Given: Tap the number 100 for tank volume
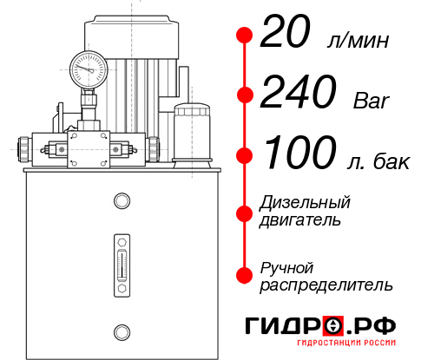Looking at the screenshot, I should coord(298,154).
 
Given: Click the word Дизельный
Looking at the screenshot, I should coord(306,203).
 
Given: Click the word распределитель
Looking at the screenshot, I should coord(326,285).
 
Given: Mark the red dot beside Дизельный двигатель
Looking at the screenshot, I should coord(245,211).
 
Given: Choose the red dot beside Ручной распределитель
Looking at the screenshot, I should coord(245,275).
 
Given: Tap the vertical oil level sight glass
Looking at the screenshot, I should coord(122,259).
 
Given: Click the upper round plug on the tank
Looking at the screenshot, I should coord(122,202).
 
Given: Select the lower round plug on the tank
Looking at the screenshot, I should coord(122,331).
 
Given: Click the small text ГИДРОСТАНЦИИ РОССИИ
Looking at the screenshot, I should coord(350,347).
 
